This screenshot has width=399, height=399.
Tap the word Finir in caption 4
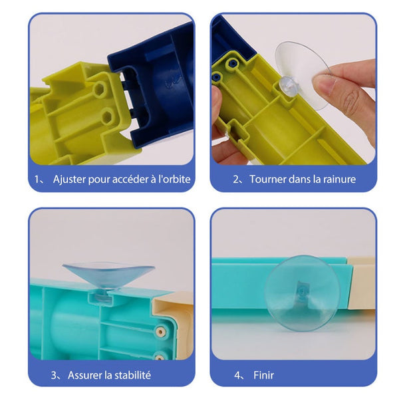pyautogui.click(x=263, y=375)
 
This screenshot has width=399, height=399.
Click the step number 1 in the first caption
pyautogui.click(x=37, y=180)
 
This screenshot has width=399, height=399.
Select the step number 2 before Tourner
pyautogui.click(x=236, y=180)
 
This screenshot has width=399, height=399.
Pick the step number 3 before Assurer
pyautogui.click(x=54, y=375)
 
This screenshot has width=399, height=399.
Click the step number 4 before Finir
pyautogui.click(x=237, y=375)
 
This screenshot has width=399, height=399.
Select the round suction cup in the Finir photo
pyautogui.click(x=302, y=294)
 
